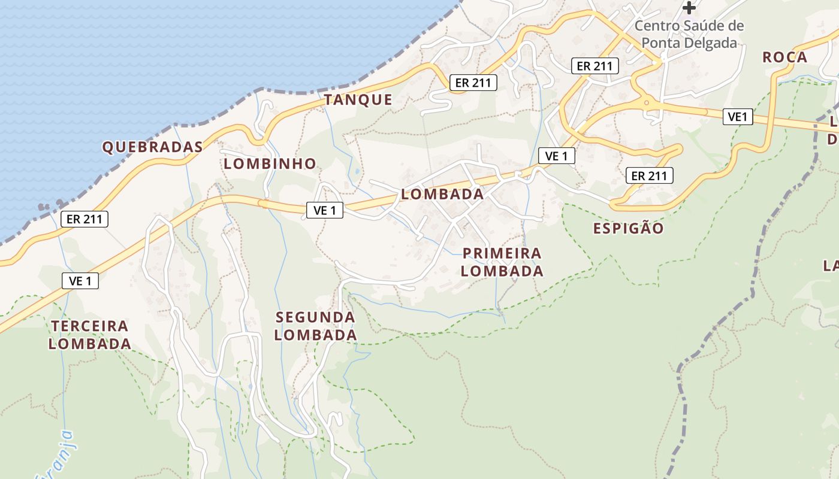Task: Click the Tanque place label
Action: tap(358, 100)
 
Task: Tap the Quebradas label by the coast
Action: tap(152, 147)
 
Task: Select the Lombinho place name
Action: tap(270, 163)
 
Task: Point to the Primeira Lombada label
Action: tap(502, 262)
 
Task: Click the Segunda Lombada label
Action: tap(316, 326)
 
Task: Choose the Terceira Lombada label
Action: tap(90, 335)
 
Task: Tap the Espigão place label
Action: tap(629, 228)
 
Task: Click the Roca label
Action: tap(784, 57)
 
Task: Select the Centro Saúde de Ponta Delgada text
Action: tap(689, 34)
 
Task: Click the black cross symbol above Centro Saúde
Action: tap(690, 8)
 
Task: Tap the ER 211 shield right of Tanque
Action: tap(473, 83)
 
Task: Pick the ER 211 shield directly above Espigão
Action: tap(649, 175)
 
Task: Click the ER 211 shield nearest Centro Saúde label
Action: tap(594, 66)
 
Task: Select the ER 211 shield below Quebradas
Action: tap(84, 219)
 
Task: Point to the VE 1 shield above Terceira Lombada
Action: tap(80, 280)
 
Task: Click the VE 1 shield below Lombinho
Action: tap(324, 210)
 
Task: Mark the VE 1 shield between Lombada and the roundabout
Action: tap(556, 156)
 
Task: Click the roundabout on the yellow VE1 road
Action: tap(647, 102)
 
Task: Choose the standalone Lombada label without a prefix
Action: tap(442, 194)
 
